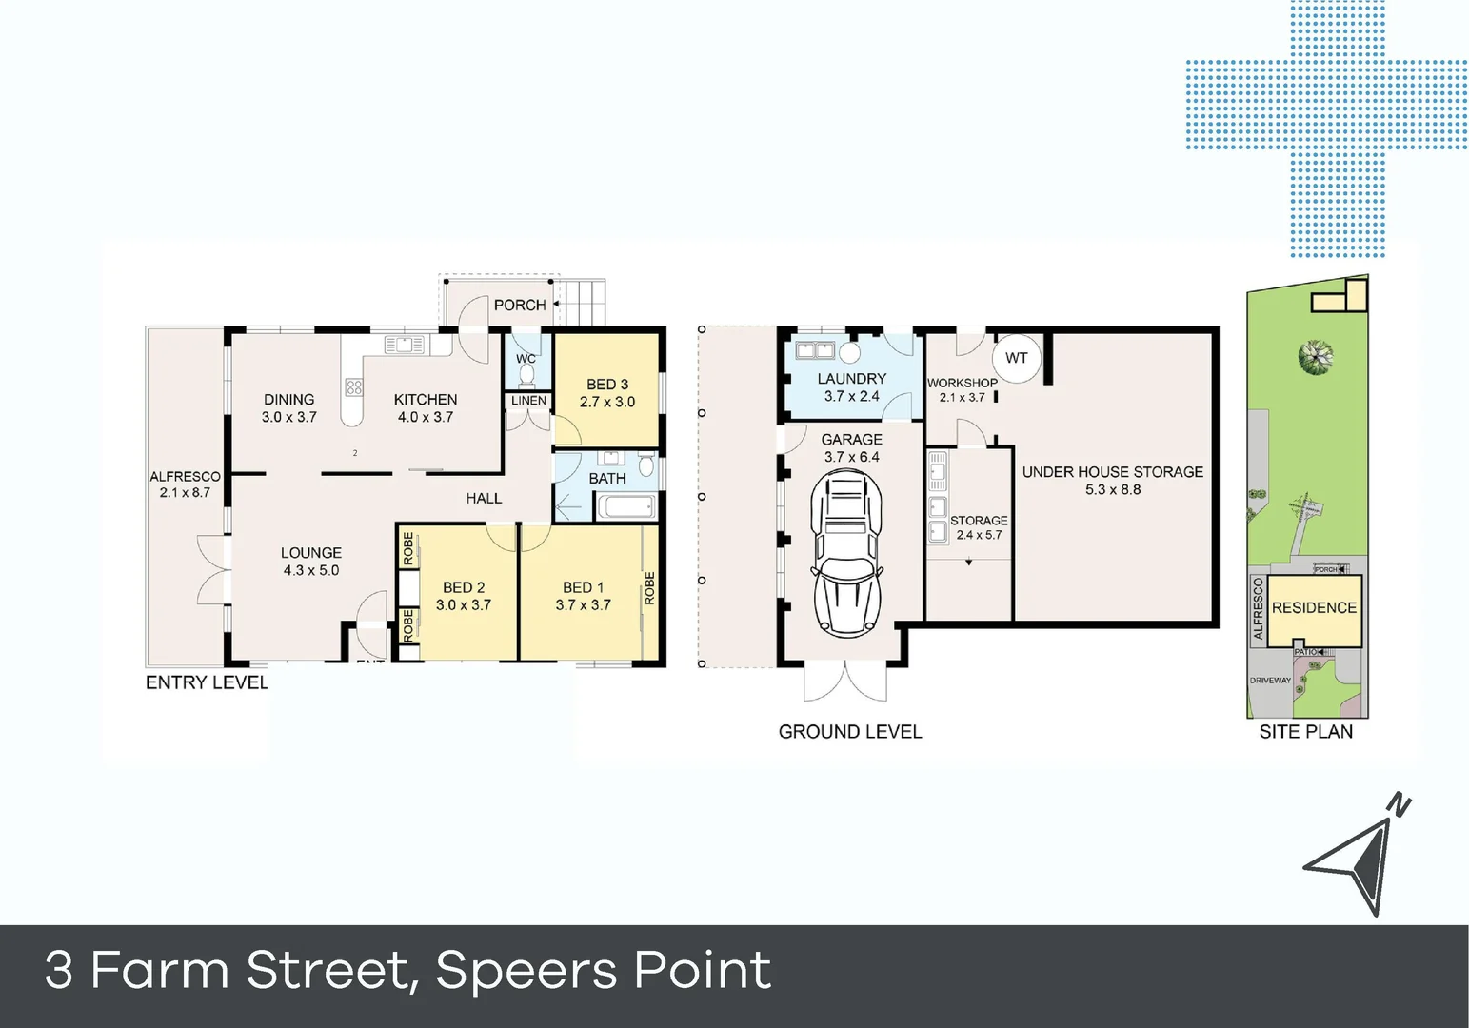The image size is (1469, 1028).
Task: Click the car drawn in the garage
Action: [x=845, y=554]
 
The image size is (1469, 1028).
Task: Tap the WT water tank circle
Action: [x=1017, y=359]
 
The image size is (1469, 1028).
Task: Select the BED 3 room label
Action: [x=607, y=385]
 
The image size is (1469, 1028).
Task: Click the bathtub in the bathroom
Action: [x=625, y=506]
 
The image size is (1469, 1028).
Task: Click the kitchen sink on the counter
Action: [x=404, y=345]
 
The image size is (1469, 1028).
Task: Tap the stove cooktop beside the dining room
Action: [x=353, y=387]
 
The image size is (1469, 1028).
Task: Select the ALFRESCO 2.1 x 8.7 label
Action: [x=185, y=484]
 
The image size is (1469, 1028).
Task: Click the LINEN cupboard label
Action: [x=528, y=401]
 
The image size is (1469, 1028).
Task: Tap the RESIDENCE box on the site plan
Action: [x=1314, y=608]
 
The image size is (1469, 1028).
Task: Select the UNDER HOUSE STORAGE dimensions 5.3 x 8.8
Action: [x=1112, y=490]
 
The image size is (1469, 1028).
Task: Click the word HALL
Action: [x=484, y=499]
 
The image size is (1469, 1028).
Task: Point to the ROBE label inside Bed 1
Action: [x=650, y=588]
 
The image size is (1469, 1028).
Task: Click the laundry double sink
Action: [x=815, y=350]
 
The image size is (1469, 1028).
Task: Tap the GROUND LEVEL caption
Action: [x=849, y=732]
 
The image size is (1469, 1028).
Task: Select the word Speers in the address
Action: [x=525, y=971]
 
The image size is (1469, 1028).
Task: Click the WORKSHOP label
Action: [x=962, y=383]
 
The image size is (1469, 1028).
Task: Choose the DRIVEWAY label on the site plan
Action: [x=1270, y=681]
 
